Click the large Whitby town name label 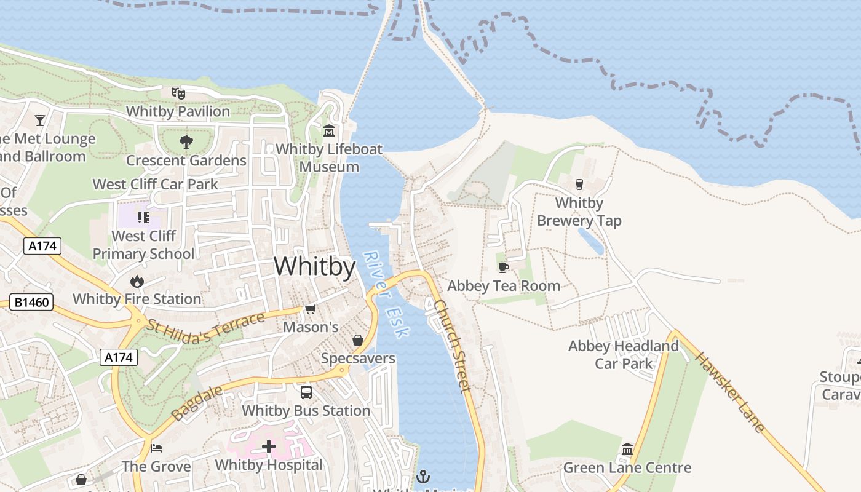coord(315,267)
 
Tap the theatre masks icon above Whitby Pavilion coord(178,93)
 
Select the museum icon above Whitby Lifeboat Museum coord(329,131)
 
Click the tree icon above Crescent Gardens coord(186,142)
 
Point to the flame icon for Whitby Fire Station coord(137,281)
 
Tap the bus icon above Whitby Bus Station coord(306,392)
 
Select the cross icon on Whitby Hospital coord(269,446)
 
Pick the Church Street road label coord(452,346)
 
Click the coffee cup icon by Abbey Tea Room coord(503,268)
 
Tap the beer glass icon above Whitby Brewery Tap coord(579,184)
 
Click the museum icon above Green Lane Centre coord(627,450)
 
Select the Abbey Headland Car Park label coord(624,355)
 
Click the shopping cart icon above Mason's coord(310,309)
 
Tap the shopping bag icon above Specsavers coord(358,340)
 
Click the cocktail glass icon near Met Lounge coord(40,120)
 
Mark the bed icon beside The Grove coord(156,448)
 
